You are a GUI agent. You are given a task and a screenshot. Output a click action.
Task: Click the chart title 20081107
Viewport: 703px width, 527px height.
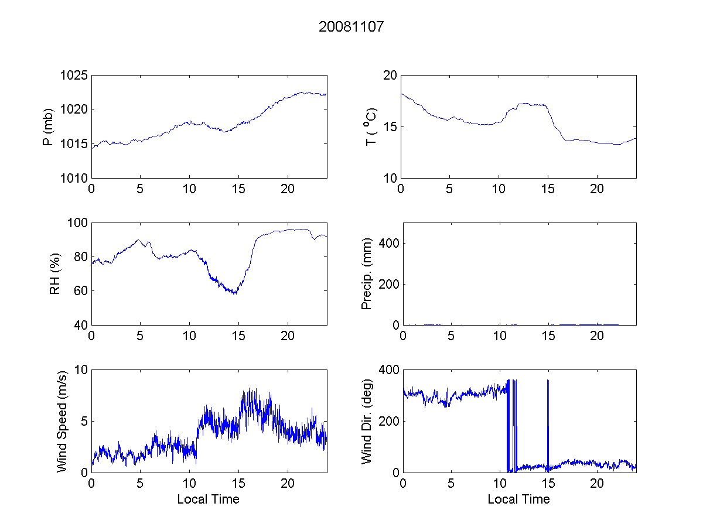tap(351, 27)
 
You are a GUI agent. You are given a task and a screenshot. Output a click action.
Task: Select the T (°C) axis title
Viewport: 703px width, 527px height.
tap(371, 126)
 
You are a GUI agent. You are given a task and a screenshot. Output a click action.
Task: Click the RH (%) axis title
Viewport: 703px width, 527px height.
tap(56, 273)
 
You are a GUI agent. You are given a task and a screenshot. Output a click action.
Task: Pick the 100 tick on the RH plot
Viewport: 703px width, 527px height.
tap(77, 223)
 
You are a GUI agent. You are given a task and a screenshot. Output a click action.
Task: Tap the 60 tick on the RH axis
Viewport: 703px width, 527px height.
tap(80, 291)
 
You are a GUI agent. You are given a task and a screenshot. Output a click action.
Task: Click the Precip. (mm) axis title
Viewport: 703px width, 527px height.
tap(367, 273)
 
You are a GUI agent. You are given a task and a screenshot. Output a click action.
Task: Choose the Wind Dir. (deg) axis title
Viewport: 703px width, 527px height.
tap(367, 421)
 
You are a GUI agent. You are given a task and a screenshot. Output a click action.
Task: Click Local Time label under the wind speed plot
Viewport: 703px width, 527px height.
tap(208, 499)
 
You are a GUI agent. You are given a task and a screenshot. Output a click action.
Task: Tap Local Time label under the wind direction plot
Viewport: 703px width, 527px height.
tap(518, 499)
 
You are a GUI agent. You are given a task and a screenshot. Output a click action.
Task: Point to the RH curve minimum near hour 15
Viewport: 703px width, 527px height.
tap(234, 293)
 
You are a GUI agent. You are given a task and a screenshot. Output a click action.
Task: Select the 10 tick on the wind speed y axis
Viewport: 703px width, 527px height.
tap(80, 370)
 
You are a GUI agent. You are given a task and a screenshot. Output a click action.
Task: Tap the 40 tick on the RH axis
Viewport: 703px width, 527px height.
tap(80, 325)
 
